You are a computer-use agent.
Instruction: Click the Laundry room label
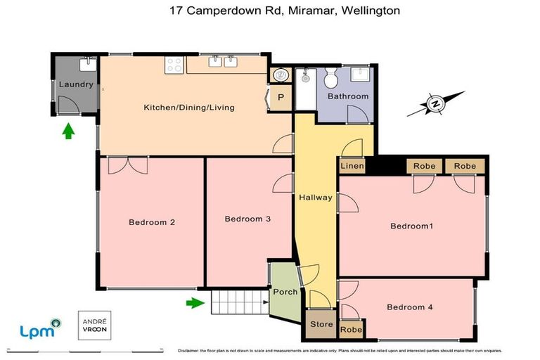coord(76,84)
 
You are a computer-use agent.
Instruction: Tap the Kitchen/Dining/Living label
coord(188,108)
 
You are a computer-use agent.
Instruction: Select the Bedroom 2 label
coord(151,222)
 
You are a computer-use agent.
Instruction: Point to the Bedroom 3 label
coord(247,219)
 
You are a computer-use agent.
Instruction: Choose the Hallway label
coord(315,198)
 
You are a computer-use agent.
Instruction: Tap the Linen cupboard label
coord(352,166)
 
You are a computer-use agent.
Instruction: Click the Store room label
coord(321,324)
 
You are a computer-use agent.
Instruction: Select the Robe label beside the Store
coord(350,329)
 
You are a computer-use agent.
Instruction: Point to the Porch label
coord(285,292)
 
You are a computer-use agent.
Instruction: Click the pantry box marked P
coord(281,98)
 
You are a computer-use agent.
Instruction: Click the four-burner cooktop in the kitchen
coord(174,65)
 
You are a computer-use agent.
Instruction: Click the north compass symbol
coord(436,105)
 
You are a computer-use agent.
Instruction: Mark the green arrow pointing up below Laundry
coord(68,130)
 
